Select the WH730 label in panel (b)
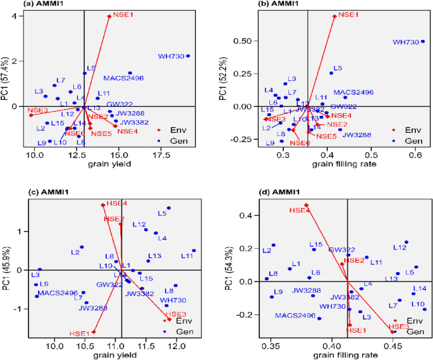tap(406, 42)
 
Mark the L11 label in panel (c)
tap(186, 256)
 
